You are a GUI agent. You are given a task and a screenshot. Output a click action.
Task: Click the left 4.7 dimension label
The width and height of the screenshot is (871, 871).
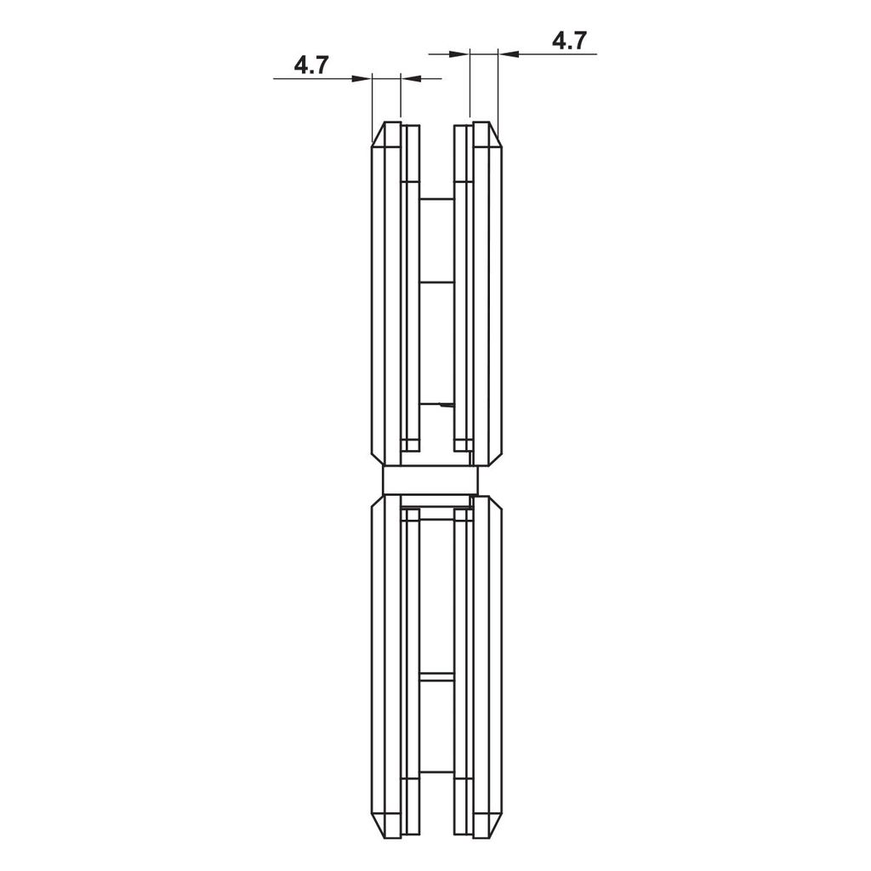point(311,65)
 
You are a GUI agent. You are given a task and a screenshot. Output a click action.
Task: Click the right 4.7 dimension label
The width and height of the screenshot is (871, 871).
point(569,41)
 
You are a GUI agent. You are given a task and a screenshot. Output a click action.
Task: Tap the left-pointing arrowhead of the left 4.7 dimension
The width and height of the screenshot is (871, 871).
point(407,78)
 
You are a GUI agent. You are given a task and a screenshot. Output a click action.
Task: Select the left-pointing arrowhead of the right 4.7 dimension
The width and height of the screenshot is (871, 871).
point(506,54)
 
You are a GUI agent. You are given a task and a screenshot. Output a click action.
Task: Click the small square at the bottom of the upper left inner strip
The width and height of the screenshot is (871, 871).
point(410,444)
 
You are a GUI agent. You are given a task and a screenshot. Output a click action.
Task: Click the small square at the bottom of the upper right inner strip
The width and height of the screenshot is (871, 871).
point(463,444)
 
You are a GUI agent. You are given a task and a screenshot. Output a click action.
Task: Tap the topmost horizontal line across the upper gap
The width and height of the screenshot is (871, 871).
point(437,199)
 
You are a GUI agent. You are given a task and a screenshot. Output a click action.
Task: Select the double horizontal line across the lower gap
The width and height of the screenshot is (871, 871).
point(437,677)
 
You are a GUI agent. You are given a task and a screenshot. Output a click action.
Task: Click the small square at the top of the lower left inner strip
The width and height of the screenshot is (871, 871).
point(410,515)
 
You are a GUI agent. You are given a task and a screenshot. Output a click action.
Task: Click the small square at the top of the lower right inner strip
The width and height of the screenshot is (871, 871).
point(463,515)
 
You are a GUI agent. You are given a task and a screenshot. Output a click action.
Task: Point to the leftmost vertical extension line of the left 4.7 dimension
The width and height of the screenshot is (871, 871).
point(373,102)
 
